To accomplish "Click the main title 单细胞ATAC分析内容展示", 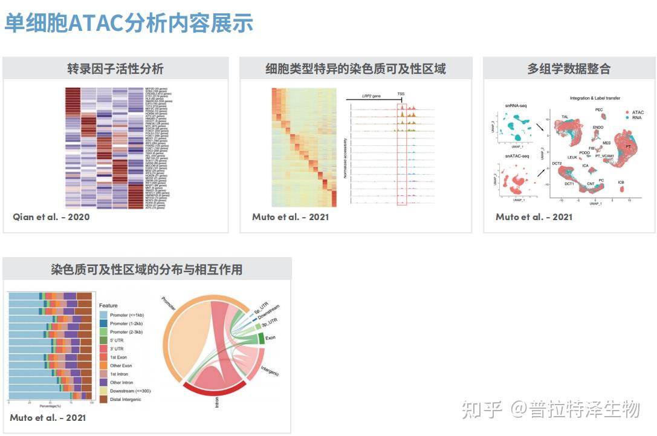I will [x=129, y=24].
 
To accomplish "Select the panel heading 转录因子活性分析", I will [x=115, y=69].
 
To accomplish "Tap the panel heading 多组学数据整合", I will [x=569, y=69].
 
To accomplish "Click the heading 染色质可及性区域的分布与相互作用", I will [x=147, y=269].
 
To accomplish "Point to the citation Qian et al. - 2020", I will [x=51, y=216].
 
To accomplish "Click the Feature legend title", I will [x=108, y=305].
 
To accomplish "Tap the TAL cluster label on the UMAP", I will [x=565, y=117].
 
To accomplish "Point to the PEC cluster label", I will [x=599, y=110].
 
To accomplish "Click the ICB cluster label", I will [x=621, y=182].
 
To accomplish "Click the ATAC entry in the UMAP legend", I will [x=638, y=112].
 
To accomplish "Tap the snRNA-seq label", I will [x=517, y=106].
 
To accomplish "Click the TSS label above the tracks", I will [x=401, y=94].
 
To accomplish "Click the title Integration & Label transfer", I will [x=595, y=98].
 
